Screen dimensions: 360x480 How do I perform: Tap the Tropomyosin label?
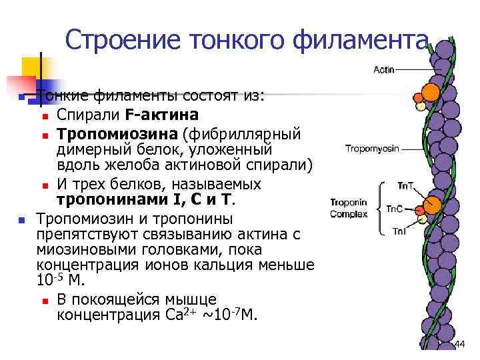(x=372, y=148)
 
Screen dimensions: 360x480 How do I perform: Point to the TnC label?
(x=394, y=209)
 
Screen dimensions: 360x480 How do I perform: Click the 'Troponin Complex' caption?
(x=347, y=208)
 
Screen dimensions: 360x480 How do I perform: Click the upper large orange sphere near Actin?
(x=431, y=91)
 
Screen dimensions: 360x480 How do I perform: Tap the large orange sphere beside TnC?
(x=432, y=203)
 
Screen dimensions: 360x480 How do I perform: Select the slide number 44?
(x=459, y=343)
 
